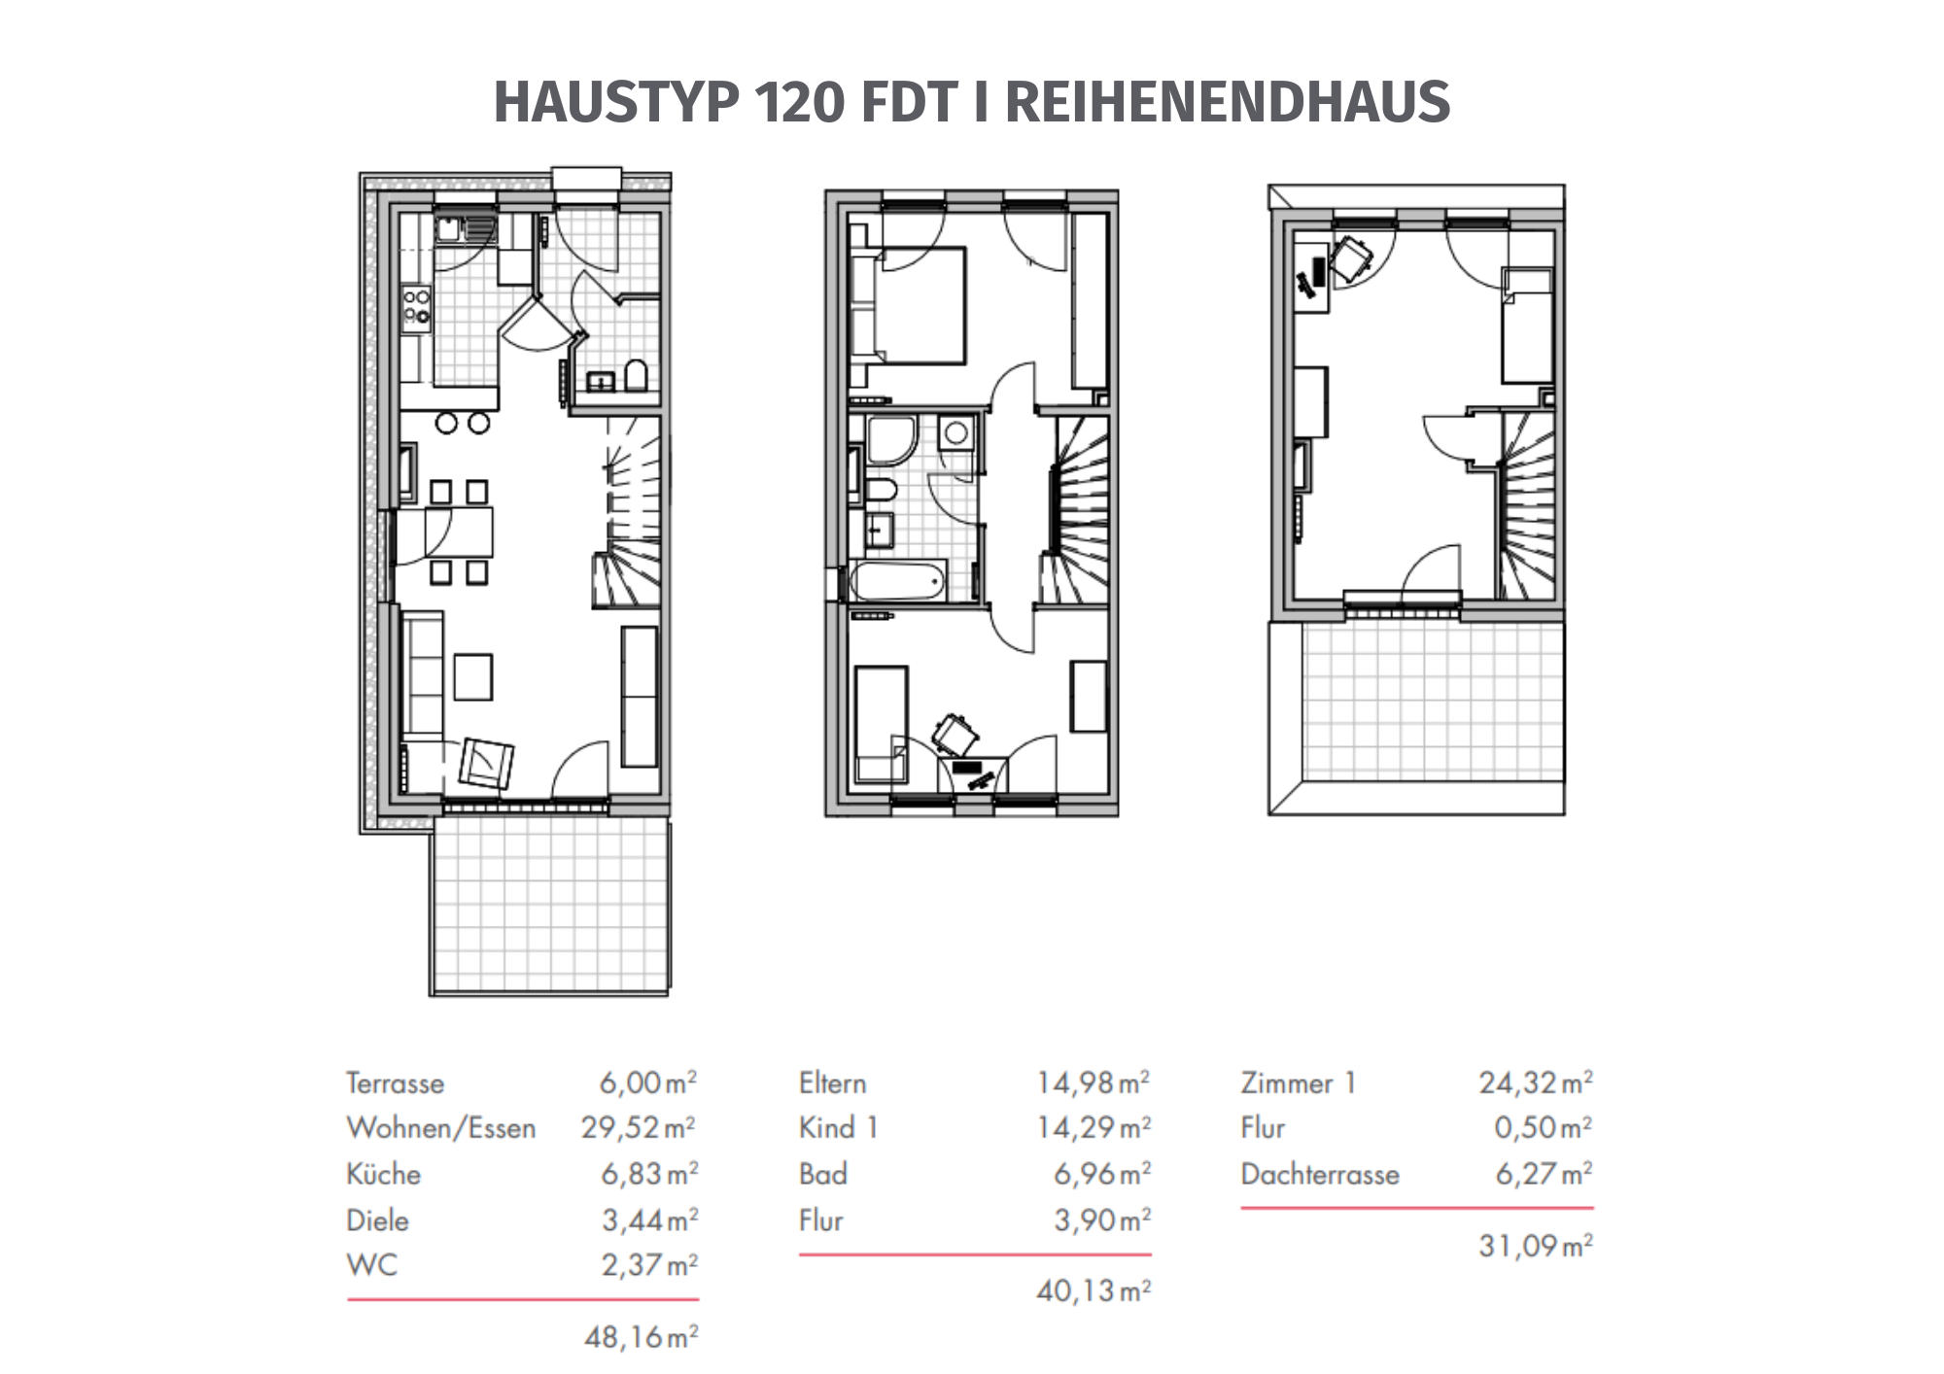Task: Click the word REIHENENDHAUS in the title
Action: pyautogui.click(x=1227, y=102)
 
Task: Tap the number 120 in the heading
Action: pyautogui.click(x=798, y=102)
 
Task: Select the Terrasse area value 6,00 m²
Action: pyautogui.click(x=648, y=1082)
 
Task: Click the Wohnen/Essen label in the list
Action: pyautogui.click(x=441, y=1128)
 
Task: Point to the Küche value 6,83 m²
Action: pyautogui.click(x=649, y=1174)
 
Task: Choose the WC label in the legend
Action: pyautogui.click(x=372, y=1265)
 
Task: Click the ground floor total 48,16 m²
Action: pyautogui.click(x=642, y=1337)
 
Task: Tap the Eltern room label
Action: pyautogui.click(x=833, y=1082)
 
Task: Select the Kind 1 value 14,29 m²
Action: pyautogui.click(x=1093, y=1127)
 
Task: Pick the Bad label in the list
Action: pyautogui.click(x=823, y=1174)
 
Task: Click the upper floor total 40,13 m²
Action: pyautogui.click(x=1093, y=1290)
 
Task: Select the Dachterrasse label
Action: pyautogui.click(x=1320, y=1174)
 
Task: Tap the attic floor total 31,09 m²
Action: pyautogui.click(x=1536, y=1246)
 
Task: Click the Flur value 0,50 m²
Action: pyautogui.click(x=1544, y=1127)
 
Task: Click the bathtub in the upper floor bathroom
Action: pyautogui.click(x=898, y=580)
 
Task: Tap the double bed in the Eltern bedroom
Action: pyautogui.click(x=908, y=306)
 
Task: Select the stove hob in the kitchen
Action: pyautogui.click(x=417, y=305)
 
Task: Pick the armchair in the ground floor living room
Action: pyautogui.click(x=486, y=763)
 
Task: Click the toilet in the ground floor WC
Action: pyautogui.click(x=637, y=375)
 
